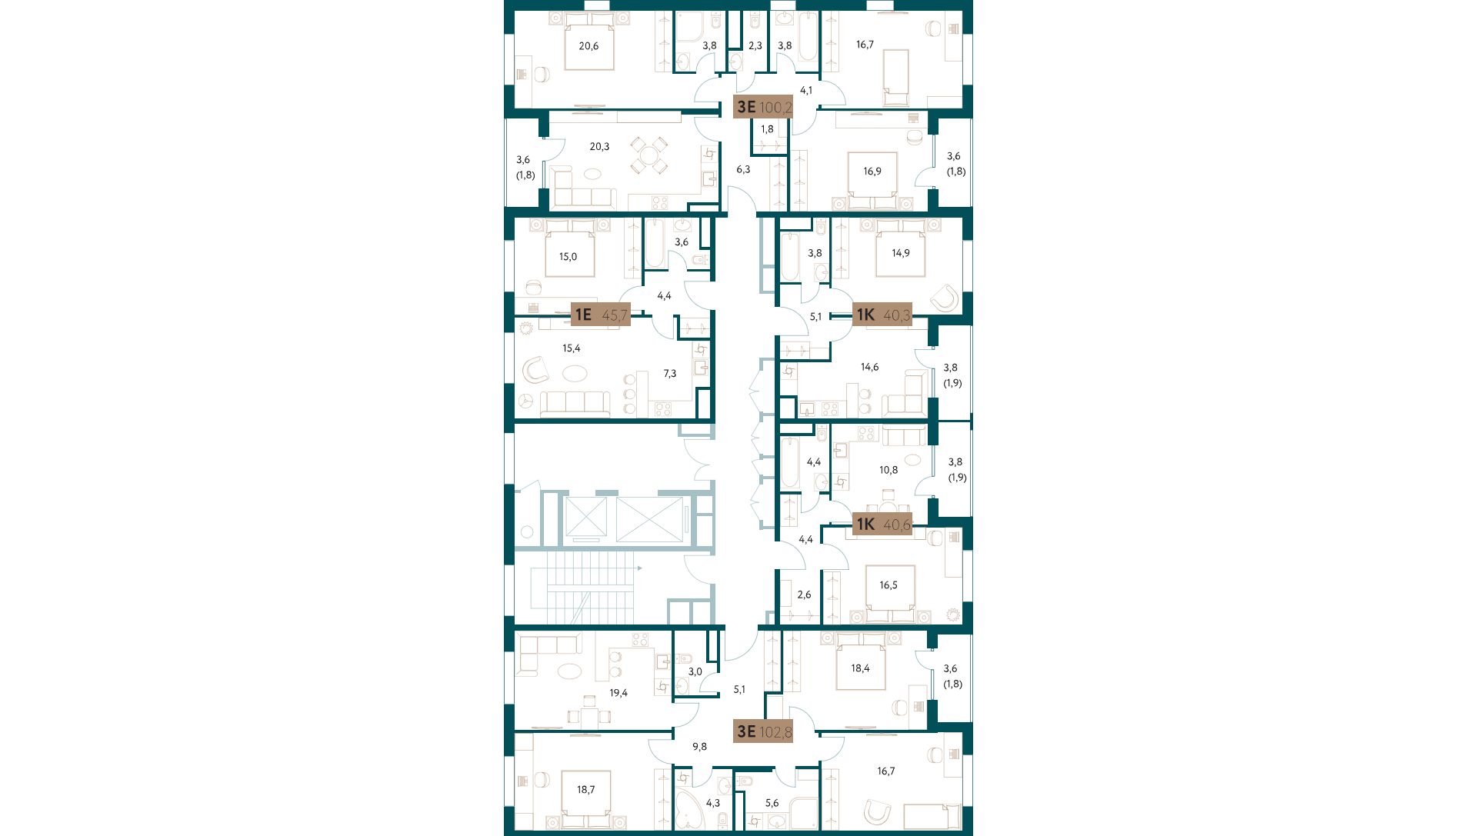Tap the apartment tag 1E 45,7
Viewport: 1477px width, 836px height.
[601, 314]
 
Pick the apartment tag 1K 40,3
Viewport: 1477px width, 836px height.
[882, 314]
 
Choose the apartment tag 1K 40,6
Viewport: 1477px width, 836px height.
[882, 525]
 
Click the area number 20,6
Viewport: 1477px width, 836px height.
[588, 46]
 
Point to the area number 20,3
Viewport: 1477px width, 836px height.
[599, 146]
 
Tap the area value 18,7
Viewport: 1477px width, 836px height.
[586, 790]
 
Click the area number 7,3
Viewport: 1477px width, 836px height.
[670, 374]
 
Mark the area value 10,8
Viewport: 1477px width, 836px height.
[889, 470]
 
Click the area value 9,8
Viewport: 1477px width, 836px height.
[699, 747]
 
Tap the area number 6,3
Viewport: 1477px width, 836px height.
[743, 169]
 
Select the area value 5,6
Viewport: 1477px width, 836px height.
[772, 803]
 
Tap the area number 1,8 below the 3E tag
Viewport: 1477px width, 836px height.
[767, 129]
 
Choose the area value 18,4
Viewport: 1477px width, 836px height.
[860, 669]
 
